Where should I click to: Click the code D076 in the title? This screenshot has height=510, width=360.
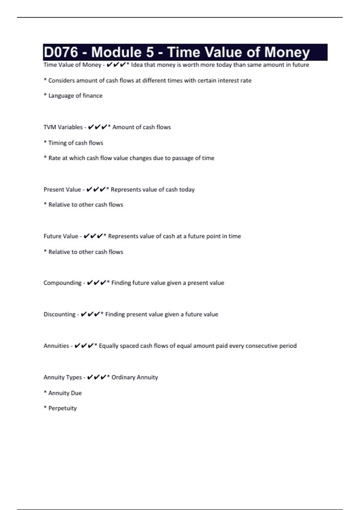tap(61, 52)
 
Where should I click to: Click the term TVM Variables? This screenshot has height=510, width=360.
tap(63, 127)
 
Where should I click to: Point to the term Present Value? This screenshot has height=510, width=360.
tap(62, 190)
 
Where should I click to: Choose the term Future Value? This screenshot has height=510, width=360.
tap(61, 236)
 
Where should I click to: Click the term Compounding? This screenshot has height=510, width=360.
tap(62, 283)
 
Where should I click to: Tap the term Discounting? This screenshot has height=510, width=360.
tap(59, 314)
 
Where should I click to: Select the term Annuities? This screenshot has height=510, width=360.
tap(56, 346)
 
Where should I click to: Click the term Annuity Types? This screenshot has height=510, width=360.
tap(63, 377)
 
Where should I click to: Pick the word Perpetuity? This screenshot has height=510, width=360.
tap(63, 408)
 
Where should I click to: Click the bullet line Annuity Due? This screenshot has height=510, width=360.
tap(65, 393)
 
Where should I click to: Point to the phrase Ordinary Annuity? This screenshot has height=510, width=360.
tap(135, 377)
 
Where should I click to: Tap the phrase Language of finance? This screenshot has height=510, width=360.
tap(75, 96)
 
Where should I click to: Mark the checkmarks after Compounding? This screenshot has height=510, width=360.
tap(96, 283)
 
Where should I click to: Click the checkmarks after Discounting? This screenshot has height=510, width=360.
tap(90, 314)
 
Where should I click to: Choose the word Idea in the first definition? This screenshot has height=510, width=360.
tap(137, 65)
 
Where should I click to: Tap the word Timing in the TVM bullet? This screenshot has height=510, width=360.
tap(58, 143)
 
